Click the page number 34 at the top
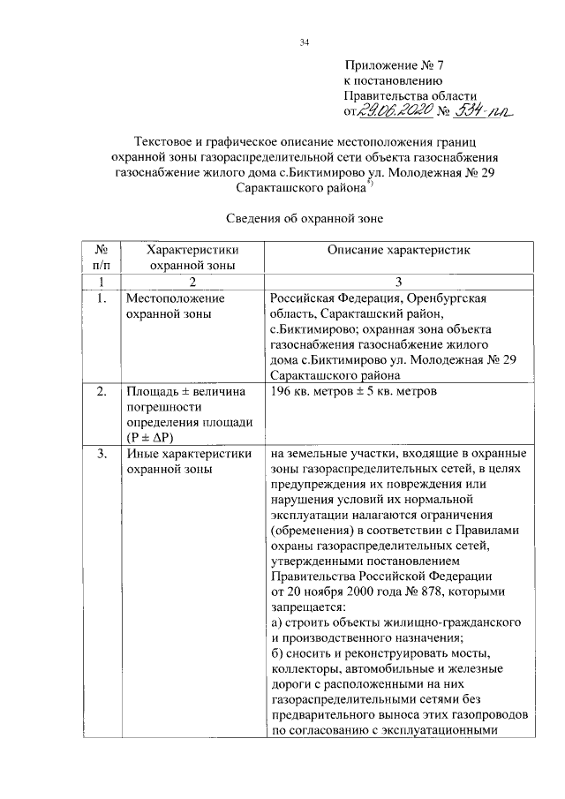(304, 42)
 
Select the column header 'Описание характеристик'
(400, 251)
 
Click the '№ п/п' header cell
(101, 257)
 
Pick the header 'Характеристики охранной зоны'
(192, 257)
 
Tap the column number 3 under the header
(399, 281)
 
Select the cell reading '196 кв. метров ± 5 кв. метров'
(353, 390)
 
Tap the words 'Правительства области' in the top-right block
(411, 95)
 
